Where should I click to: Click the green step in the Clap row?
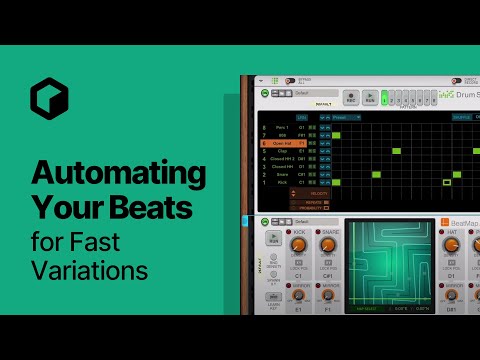click(396, 151)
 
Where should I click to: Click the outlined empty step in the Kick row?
click(447, 182)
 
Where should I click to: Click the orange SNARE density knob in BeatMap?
click(328, 246)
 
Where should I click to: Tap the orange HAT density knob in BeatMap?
click(452, 246)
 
